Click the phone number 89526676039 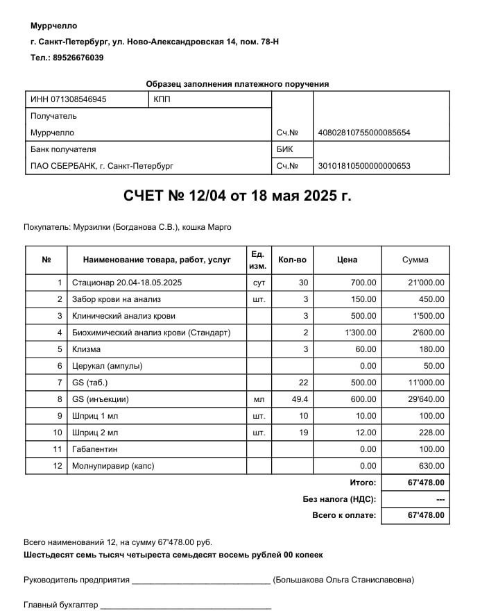tap(78, 58)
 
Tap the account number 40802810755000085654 tap(363, 133)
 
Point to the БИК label tap(284, 149)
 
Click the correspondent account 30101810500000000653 tap(363, 166)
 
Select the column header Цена tap(347, 260)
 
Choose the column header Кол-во tap(292, 260)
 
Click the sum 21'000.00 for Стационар tap(425, 283)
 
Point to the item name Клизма tap(86, 349)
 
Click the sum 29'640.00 tap(425, 399)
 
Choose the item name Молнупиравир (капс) tap(114, 466)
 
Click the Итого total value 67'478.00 tap(425, 483)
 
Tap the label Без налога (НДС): tap(339, 499)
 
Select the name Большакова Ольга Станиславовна tap(344, 579)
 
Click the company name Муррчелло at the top tap(54, 26)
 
